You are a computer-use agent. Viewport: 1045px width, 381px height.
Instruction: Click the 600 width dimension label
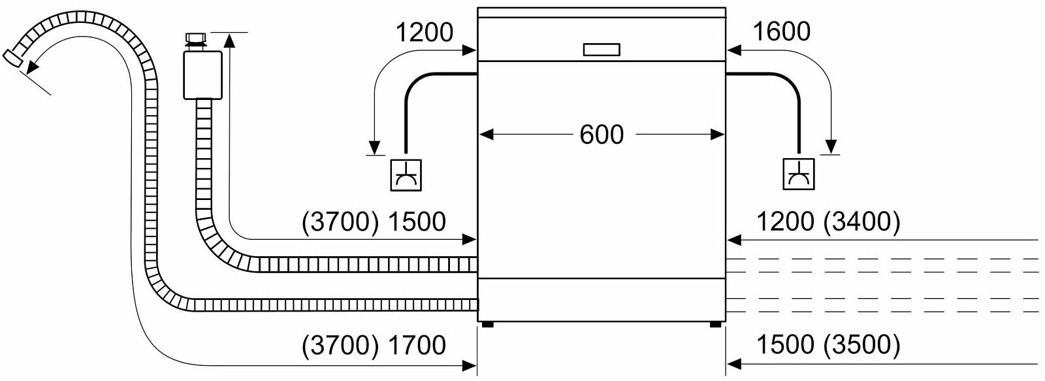click(602, 135)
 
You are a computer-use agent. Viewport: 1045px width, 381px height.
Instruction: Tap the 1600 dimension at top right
click(781, 32)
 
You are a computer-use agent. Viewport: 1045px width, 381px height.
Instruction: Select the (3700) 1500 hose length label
click(374, 222)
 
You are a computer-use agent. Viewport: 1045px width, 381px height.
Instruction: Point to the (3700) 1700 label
click(374, 345)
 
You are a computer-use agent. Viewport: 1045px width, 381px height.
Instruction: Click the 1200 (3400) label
click(828, 222)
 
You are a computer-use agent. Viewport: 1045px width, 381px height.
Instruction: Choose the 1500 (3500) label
click(828, 345)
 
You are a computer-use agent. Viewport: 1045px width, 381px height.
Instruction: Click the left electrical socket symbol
click(406, 175)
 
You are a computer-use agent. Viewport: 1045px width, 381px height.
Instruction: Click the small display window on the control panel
click(602, 50)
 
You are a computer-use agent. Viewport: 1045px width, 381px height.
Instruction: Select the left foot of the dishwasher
click(487, 324)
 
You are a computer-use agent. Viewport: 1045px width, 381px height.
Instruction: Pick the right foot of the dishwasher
click(715, 324)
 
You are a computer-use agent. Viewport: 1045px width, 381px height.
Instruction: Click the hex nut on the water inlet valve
click(197, 37)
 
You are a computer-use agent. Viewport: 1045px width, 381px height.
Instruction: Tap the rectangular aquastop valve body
click(202, 75)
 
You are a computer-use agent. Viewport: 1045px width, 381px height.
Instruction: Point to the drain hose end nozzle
click(13, 58)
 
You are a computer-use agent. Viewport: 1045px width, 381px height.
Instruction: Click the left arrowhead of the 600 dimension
click(486, 135)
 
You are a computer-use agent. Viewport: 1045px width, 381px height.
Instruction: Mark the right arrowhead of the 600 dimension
click(717, 135)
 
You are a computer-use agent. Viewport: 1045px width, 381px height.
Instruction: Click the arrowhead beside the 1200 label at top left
click(469, 50)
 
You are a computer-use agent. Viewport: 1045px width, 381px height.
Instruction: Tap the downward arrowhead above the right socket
click(831, 146)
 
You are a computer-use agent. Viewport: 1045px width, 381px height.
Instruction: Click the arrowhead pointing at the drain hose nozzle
click(32, 68)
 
